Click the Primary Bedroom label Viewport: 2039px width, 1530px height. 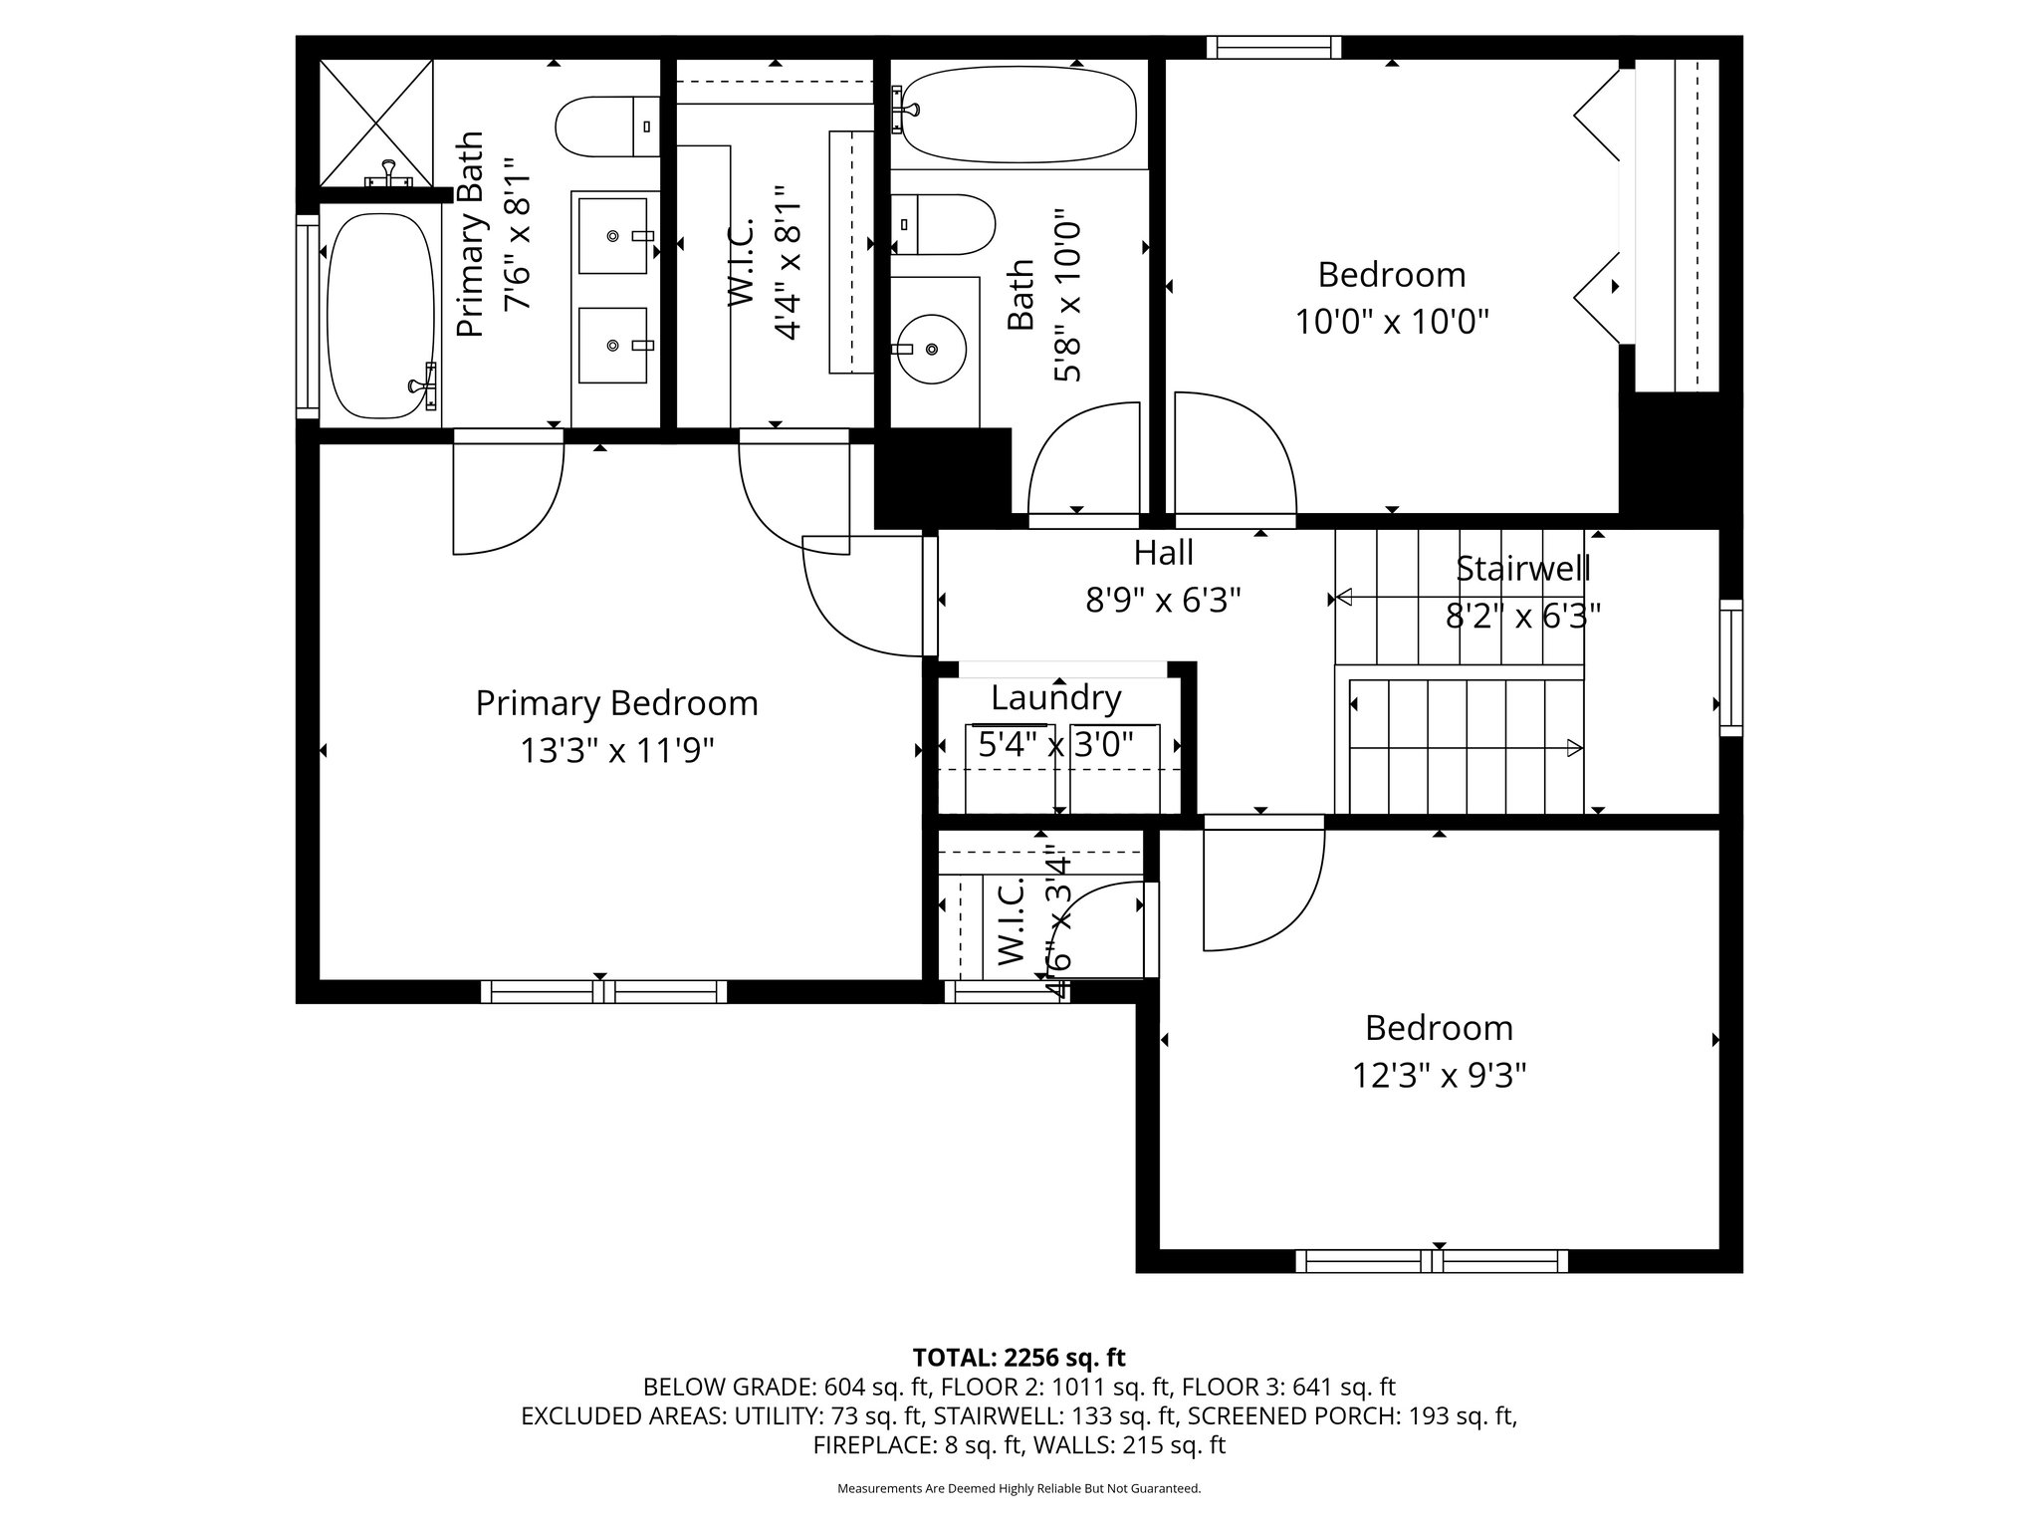pyautogui.click(x=616, y=703)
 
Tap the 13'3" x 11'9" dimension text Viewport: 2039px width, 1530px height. pyautogui.click(x=617, y=750)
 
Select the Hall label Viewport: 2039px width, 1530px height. pyautogui.click(x=1163, y=552)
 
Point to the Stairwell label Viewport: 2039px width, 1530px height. pyautogui.click(x=1522, y=569)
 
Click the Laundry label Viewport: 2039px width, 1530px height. pyautogui.click(x=1056, y=698)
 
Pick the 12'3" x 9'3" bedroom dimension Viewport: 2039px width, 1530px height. pyautogui.click(x=1439, y=1076)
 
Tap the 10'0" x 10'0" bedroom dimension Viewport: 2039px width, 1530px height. pyautogui.click(x=1392, y=322)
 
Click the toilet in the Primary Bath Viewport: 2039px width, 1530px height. pyautogui.click(x=607, y=127)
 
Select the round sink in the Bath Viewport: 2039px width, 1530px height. pyautogui.click(x=931, y=349)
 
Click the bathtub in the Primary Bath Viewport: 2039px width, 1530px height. pyautogui.click(x=379, y=316)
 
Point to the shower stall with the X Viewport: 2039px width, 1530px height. pyautogui.click(x=375, y=123)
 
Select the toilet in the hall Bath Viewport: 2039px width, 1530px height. pyautogui.click(x=943, y=224)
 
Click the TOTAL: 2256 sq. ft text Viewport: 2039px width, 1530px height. pyautogui.click(x=1019, y=1358)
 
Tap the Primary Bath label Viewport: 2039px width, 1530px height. pyautogui.click(x=469, y=234)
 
